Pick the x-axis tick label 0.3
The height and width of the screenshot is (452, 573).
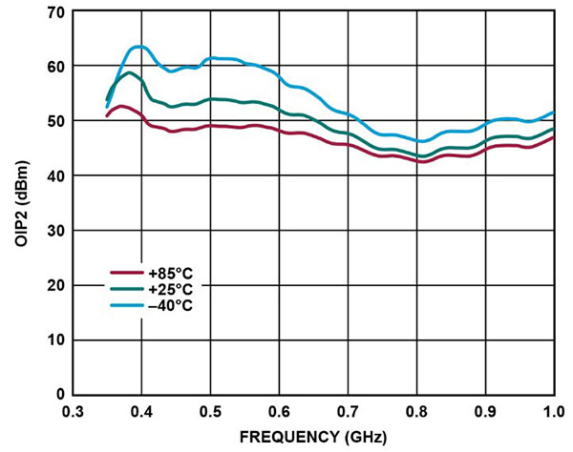click(73, 411)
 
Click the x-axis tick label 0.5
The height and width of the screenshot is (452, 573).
click(210, 411)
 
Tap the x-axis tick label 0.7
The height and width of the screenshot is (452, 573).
click(348, 411)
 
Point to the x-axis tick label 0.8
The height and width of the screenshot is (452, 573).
click(416, 411)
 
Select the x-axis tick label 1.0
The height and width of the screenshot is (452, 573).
click(554, 411)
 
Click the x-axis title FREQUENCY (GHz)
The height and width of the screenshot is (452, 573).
click(312, 438)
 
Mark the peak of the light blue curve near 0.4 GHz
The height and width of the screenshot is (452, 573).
click(138, 46)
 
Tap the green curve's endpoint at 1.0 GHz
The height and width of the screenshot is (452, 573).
click(554, 129)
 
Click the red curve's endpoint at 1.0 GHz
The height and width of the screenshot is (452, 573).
click(554, 137)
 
